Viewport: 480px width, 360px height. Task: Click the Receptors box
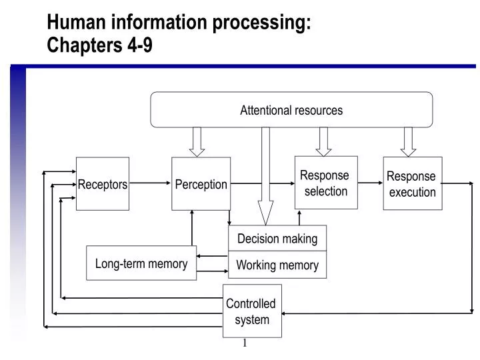[x=103, y=184]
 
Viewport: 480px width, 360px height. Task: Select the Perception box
[x=201, y=184]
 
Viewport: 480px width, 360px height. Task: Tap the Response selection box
[x=326, y=183]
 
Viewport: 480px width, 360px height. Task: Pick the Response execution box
[x=412, y=184]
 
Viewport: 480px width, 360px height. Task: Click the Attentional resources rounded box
[x=291, y=110]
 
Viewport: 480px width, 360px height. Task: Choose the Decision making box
[x=277, y=239]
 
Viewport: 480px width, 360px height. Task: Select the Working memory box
[x=277, y=265]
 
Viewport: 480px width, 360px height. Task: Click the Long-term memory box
[x=141, y=263]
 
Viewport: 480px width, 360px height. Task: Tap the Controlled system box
[x=251, y=311]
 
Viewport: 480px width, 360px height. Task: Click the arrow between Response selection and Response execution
[x=370, y=183]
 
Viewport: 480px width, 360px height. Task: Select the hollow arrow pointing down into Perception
[x=197, y=141]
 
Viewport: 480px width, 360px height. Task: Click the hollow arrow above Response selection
[x=324, y=141]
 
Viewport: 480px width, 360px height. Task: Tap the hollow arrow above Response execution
[x=409, y=141]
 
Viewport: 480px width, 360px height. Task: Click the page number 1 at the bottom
[x=245, y=343]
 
